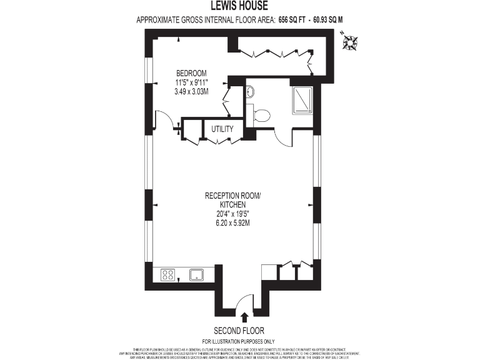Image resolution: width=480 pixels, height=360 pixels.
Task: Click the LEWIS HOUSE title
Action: click(240, 7)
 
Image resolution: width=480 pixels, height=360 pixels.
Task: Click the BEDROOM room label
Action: click(191, 72)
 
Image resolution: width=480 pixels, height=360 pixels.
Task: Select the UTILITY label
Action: click(222, 129)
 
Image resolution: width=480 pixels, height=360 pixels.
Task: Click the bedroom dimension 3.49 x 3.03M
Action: click(191, 91)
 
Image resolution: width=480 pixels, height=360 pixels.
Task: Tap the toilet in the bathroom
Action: click(261, 115)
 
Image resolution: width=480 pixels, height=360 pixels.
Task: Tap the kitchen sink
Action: click(197, 274)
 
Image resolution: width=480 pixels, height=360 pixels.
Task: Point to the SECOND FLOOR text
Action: click(239, 330)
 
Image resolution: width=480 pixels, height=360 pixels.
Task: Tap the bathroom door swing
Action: click(282, 137)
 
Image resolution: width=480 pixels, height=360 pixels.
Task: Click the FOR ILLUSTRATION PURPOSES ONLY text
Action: click(239, 341)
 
